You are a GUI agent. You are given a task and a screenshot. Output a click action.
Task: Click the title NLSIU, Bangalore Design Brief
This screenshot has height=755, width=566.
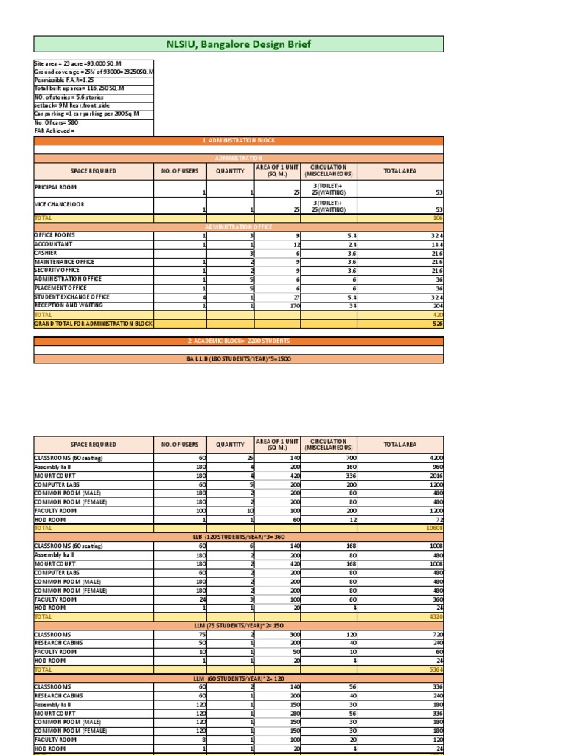(x=239, y=44)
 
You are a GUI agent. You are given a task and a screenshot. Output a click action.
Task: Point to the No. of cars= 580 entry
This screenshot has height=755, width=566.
(x=57, y=122)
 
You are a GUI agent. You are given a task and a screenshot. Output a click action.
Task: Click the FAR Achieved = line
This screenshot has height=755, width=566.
(x=55, y=131)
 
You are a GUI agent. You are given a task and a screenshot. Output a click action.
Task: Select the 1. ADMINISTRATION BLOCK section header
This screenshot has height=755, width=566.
(x=239, y=140)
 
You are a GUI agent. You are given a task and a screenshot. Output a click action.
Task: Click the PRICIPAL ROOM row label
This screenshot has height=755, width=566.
(x=56, y=188)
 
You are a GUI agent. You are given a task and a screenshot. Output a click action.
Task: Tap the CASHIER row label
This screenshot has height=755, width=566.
(x=46, y=253)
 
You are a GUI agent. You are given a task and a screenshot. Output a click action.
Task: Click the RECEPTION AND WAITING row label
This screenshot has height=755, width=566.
(x=69, y=305)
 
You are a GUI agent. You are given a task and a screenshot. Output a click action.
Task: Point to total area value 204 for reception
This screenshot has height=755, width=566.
(x=436, y=305)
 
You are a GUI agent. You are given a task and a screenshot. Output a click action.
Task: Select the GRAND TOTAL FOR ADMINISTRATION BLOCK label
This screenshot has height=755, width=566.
(x=93, y=324)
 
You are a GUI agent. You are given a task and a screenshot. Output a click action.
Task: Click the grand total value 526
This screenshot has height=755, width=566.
(x=436, y=324)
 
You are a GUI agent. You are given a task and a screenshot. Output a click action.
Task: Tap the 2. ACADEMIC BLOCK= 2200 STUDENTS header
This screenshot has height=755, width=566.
(x=239, y=341)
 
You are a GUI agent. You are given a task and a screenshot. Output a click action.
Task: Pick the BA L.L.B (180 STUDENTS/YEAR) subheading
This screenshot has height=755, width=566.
(x=239, y=359)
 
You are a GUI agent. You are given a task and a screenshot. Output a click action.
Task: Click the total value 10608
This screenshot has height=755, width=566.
(x=433, y=529)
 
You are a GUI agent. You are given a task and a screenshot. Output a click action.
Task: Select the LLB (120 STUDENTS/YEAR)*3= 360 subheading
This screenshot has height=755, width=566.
(x=239, y=537)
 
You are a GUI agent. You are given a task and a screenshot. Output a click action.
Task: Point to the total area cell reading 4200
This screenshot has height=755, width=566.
(x=435, y=458)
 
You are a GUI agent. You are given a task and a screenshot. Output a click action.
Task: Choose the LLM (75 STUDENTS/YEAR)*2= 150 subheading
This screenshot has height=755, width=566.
(x=239, y=626)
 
